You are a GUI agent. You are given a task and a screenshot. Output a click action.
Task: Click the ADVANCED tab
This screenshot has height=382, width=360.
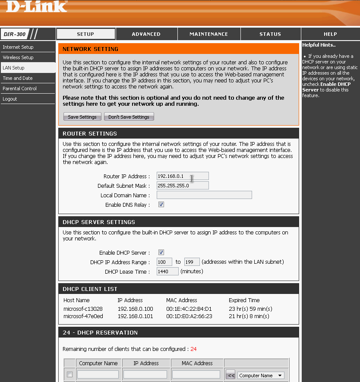[x=146, y=34]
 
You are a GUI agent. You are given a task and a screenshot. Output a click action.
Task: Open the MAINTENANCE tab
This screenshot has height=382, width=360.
[x=208, y=34]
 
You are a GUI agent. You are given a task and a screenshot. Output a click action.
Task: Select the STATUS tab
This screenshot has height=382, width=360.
[x=270, y=34]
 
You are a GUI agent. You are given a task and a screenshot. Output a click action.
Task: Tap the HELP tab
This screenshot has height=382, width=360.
[x=330, y=34]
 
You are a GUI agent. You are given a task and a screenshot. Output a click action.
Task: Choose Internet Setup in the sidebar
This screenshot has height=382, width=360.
[x=18, y=47]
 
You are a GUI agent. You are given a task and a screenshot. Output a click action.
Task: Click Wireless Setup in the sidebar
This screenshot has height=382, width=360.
[x=18, y=57]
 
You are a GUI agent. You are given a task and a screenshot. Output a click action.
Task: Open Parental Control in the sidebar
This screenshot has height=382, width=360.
[x=20, y=88]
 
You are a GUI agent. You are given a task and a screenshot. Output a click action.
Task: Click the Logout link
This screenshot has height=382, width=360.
[x=10, y=99]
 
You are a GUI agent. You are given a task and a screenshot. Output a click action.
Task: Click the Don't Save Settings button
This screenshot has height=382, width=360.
[x=129, y=117]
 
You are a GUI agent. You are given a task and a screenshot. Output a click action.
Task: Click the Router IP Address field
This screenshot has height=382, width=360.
[x=183, y=176]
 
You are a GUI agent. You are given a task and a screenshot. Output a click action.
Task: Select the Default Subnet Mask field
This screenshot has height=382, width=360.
[x=183, y=186]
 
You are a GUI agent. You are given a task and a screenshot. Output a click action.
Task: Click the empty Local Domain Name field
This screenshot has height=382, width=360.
[x=204, y=195]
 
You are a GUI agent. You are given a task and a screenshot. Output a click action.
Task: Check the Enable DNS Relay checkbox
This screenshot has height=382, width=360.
[x=161, y=205]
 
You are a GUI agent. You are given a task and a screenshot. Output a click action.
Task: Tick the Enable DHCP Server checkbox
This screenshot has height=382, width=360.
[x=161, y=253]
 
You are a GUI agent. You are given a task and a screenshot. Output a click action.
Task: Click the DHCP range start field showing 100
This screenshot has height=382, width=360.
[x=164, y=262]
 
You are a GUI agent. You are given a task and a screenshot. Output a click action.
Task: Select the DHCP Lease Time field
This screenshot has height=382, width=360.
[x=167, y=272]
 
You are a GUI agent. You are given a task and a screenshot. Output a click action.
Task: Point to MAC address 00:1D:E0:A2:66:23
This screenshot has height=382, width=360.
[x=189, y=316]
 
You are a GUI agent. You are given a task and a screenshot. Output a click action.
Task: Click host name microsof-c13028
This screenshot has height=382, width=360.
[x=83, y=309]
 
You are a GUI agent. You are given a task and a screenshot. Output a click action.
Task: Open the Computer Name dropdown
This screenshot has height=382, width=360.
[x=261, y=376]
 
